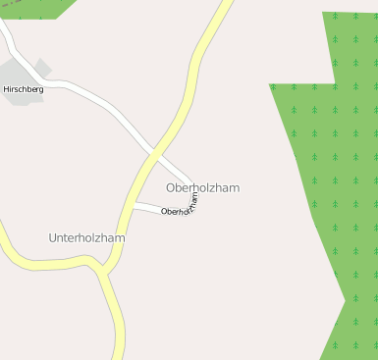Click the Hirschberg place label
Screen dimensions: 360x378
[x=24, y=89]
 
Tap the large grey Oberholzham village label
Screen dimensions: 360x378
[x=202, y=187]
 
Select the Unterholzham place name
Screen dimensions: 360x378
[x=86, y=237]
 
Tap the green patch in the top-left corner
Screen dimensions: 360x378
[x=34, y=8]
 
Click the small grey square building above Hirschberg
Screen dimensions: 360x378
[x=42, y=67]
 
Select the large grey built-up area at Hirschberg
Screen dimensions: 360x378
[x=18, y=75]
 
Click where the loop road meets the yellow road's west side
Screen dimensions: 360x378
[x=135, y=205]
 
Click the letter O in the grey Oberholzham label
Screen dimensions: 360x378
[x=171, y=187]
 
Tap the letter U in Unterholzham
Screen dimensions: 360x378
[x=53, y=237]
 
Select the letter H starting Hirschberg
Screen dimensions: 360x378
[x=7, y=89]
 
